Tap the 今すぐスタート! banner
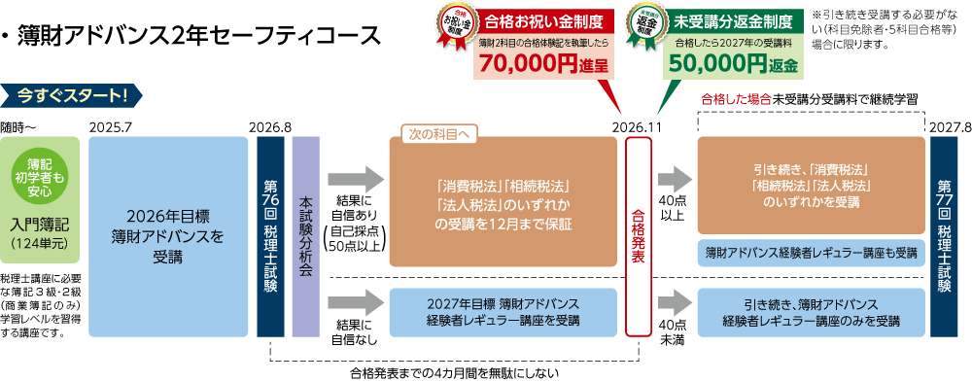point(73,95)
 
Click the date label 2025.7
point(109,127)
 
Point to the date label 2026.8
point(269,127)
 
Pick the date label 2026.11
point(639,127)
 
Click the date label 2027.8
point(950,127)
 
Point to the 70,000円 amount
point(528,65)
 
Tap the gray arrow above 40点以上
point(673,180)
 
